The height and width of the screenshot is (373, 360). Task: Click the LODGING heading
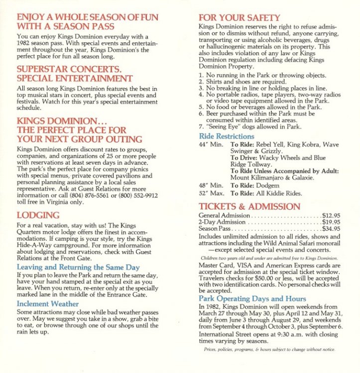(x=38, y=215)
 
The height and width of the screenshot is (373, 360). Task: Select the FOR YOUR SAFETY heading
(x=239, y=18)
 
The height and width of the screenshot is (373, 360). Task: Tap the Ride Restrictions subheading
(x=227, y=136)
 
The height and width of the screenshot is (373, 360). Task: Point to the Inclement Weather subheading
(x=48, y=303)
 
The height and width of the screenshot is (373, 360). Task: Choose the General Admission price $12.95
(x=331, y=215)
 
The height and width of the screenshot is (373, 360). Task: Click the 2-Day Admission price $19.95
(x=331, y=222)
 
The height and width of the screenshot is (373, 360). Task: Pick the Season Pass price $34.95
(x=331, y=229)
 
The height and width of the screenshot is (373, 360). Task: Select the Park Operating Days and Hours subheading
(x=252, y=298)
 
